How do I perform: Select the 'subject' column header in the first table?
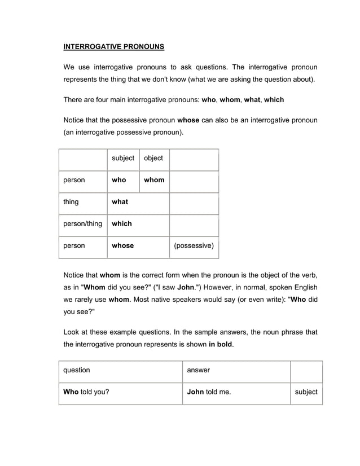[x=123, y=159]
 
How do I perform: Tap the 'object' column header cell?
[x=153, y=159]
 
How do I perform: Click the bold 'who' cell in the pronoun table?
[x=119, y=180]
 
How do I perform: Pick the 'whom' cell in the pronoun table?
[x=154, y=180]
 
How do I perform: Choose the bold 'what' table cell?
[x=120, y=202]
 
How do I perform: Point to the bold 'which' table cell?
[x=122, y=224]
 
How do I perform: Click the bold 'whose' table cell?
[x=123, y=246]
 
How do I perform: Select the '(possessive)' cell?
[x=194, y=246]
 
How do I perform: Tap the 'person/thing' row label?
[x=82, y=224]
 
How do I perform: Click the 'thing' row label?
[x=71, y=202]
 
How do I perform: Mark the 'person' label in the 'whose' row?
[x=74, y=246]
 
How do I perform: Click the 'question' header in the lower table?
[x=77, y=371]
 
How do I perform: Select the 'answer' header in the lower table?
[x=198, y=371]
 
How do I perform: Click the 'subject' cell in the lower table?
[x=306, y=392]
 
